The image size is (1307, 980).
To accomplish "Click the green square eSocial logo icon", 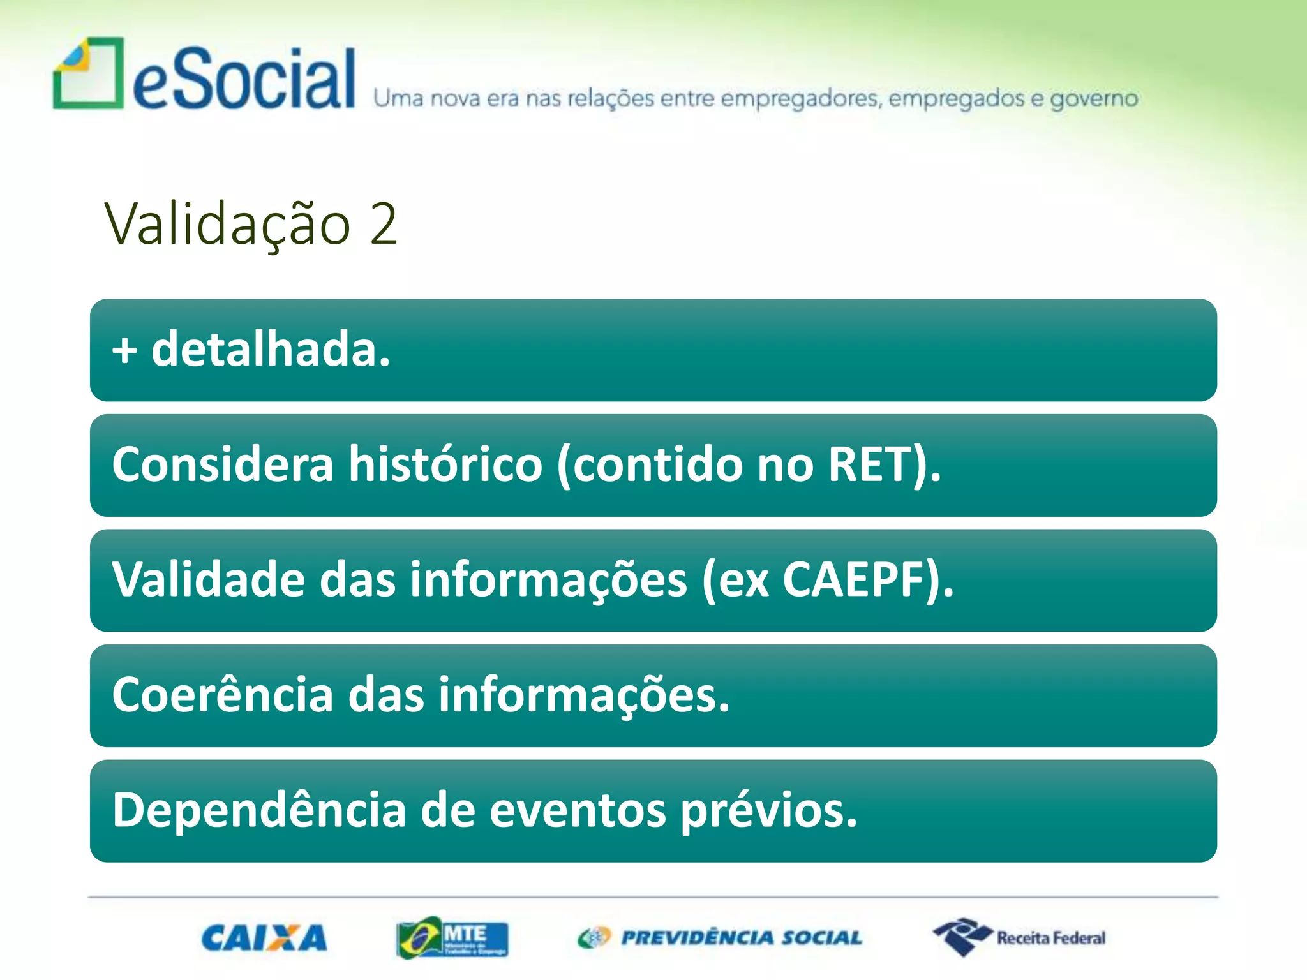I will pyautogui.click(x=88, y=73).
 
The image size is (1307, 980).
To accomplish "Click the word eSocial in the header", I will pyautogui.click(x=244, y=80).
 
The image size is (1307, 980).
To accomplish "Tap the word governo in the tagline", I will pyautogui.click(x=1093, y=100).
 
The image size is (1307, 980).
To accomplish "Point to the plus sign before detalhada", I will pyautogui.click(x=124, y=351).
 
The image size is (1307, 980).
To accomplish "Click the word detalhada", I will pyautogui.click(x=271, y=350).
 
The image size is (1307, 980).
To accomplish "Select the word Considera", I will pyautogui.click(x=223, y=464).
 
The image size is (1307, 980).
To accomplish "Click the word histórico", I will pyautogui.click(x=445, y=464).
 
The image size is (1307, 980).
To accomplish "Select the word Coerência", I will pyautogui.click(x=223, y=695).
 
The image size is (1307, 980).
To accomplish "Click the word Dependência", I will pyautogui.click(x=259, y=810).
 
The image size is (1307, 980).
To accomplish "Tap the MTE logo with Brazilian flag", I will pyautogui.click(x=452, y=937).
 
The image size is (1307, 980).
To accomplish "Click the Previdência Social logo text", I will pyautogui.click(x=741, y=938).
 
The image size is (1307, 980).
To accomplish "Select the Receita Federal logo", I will pyautogui.click(x=1019, y=937).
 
